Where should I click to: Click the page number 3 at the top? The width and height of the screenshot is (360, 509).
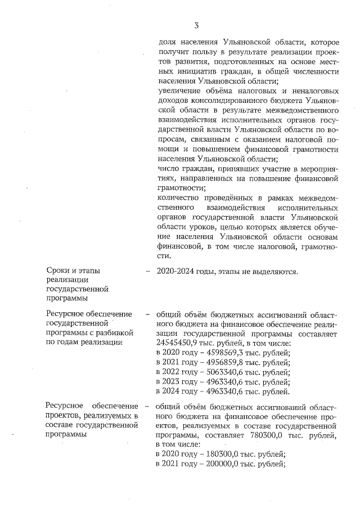tap(196, 25)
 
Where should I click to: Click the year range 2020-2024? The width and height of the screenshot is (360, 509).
tap(176, 272)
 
